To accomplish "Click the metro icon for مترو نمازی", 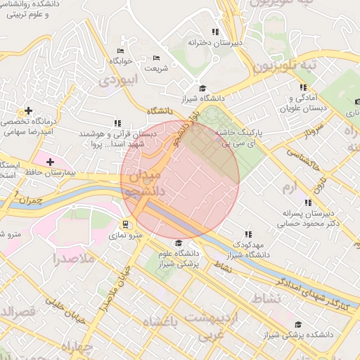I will pos(125,224).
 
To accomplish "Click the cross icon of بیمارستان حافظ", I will pos(50,162).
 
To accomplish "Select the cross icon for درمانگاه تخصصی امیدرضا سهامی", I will pos(28,110).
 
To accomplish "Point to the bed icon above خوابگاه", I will pos(120,51).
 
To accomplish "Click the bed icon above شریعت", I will pos(156,58).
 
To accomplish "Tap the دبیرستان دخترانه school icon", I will pos(215,32).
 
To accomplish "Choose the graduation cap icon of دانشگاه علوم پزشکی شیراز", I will pos(177,243).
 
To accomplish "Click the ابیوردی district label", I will pos(115,81).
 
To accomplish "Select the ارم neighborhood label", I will pos(290,188).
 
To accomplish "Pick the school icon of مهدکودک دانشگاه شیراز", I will pos(247,234).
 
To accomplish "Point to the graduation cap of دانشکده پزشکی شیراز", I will pos(298,324).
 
